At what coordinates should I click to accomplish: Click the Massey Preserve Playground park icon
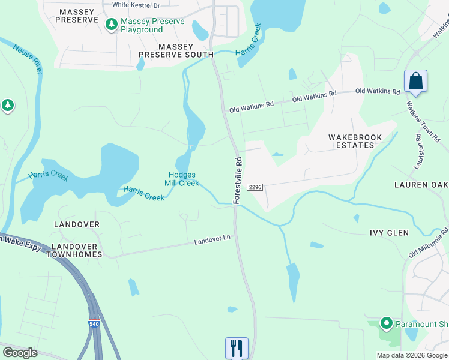click(111, 25)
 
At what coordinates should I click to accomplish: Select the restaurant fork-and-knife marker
click(236, 347)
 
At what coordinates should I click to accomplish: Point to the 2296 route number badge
click(255, 187)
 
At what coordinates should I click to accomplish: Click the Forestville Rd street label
click(237, 180)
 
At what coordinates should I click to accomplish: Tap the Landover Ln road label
click(212, 239)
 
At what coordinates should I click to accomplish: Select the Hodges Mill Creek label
click(182, 179)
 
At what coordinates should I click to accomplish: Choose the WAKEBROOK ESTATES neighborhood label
click(355, 142)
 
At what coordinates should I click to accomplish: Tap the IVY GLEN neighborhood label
click(388, 233)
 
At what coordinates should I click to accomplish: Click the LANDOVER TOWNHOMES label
click(77, 250)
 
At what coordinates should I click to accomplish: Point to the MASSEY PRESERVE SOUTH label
click(176, 50)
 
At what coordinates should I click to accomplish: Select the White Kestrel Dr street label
click(136, 5)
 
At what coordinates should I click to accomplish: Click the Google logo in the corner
click(20, 353)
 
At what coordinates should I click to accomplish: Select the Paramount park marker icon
click(385, 324)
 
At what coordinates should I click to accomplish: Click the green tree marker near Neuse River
click(7, 106)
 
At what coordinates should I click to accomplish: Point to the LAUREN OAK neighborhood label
click(421, 184)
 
